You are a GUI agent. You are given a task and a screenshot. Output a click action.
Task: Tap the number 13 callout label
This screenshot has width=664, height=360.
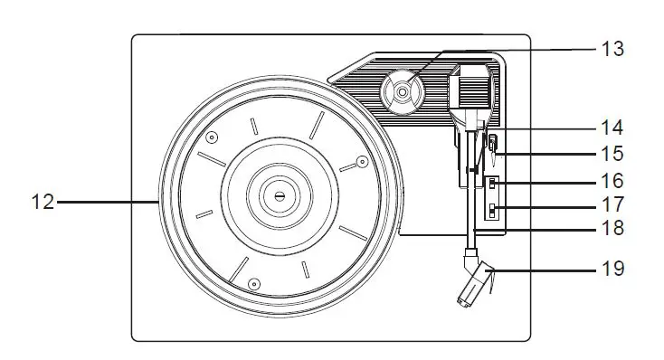pos(612,49)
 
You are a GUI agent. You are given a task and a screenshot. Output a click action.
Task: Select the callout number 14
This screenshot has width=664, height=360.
pos(612,128)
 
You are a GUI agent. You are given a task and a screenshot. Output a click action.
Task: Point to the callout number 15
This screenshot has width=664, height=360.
pos(612,154)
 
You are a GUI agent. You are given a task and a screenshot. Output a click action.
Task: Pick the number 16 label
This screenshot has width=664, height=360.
pos(612,180)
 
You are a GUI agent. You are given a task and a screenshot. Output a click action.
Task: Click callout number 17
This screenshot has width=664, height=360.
pos(612,205)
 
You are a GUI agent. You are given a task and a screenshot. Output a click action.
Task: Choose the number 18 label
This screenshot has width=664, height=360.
pos(612,228)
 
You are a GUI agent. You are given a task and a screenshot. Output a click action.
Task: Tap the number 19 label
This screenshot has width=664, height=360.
pos(612,268)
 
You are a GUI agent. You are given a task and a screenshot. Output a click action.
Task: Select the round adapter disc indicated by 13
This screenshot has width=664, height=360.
pos(402,90)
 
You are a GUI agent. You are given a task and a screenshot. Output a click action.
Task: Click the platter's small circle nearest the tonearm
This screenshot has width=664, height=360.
pos(361,162)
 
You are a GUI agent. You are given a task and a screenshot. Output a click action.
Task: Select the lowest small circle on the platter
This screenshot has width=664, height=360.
pos(254,285)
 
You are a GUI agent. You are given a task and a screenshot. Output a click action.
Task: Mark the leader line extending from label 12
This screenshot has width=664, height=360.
pos(109,203)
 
